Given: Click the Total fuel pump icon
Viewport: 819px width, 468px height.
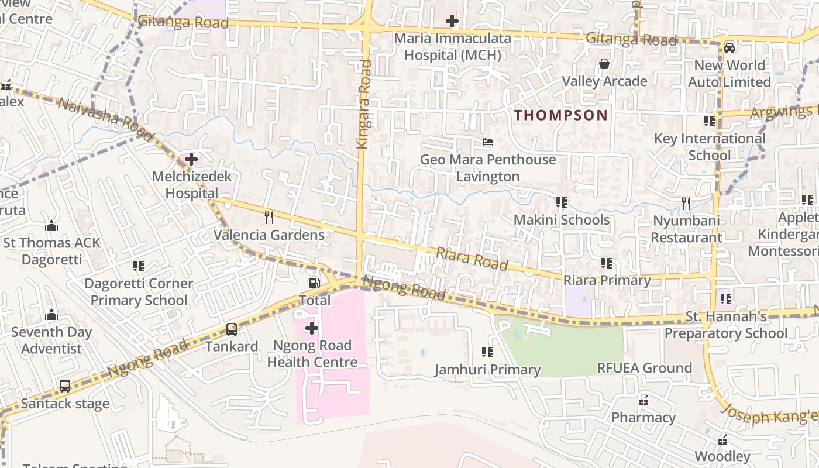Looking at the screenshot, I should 314,283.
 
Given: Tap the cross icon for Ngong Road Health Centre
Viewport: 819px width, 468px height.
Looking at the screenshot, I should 312,328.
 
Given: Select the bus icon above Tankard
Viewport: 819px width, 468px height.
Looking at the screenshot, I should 232,329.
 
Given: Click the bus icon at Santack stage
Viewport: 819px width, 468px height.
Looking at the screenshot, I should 65,386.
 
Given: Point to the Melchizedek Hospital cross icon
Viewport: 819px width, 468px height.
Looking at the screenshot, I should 191,159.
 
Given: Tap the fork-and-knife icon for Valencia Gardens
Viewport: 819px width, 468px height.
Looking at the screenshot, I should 269,218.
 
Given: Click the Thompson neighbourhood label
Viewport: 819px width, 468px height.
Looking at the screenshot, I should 561,115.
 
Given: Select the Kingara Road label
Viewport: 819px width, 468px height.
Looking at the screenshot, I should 363,104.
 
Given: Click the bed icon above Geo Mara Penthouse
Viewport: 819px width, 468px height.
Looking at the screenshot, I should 487,142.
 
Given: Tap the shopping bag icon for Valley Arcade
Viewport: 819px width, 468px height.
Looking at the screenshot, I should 604,64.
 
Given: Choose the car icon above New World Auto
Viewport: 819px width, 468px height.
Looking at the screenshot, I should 729,47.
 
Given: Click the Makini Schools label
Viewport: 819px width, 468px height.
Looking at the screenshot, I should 561,220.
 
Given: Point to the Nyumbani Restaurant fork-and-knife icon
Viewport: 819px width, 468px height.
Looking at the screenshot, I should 686,204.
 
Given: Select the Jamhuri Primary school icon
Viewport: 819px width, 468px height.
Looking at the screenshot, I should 487,352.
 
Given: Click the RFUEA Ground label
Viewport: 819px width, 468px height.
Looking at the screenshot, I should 644,368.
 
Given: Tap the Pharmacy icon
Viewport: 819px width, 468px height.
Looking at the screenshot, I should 643,401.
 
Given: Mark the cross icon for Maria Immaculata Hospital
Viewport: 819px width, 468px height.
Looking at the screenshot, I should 452,22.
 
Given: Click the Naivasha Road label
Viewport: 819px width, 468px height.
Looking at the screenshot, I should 105,120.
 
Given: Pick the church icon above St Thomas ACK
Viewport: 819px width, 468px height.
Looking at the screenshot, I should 51,226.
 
